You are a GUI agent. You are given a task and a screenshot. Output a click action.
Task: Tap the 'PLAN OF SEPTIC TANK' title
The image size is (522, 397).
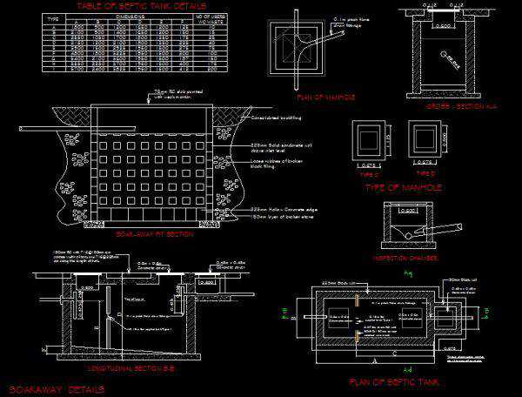[x=393, y=382]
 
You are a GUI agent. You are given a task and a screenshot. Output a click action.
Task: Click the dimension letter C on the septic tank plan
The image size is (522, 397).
[x=393, y=354]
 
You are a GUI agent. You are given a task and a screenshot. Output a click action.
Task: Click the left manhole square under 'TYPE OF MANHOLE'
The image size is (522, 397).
[x=371, y=138]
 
